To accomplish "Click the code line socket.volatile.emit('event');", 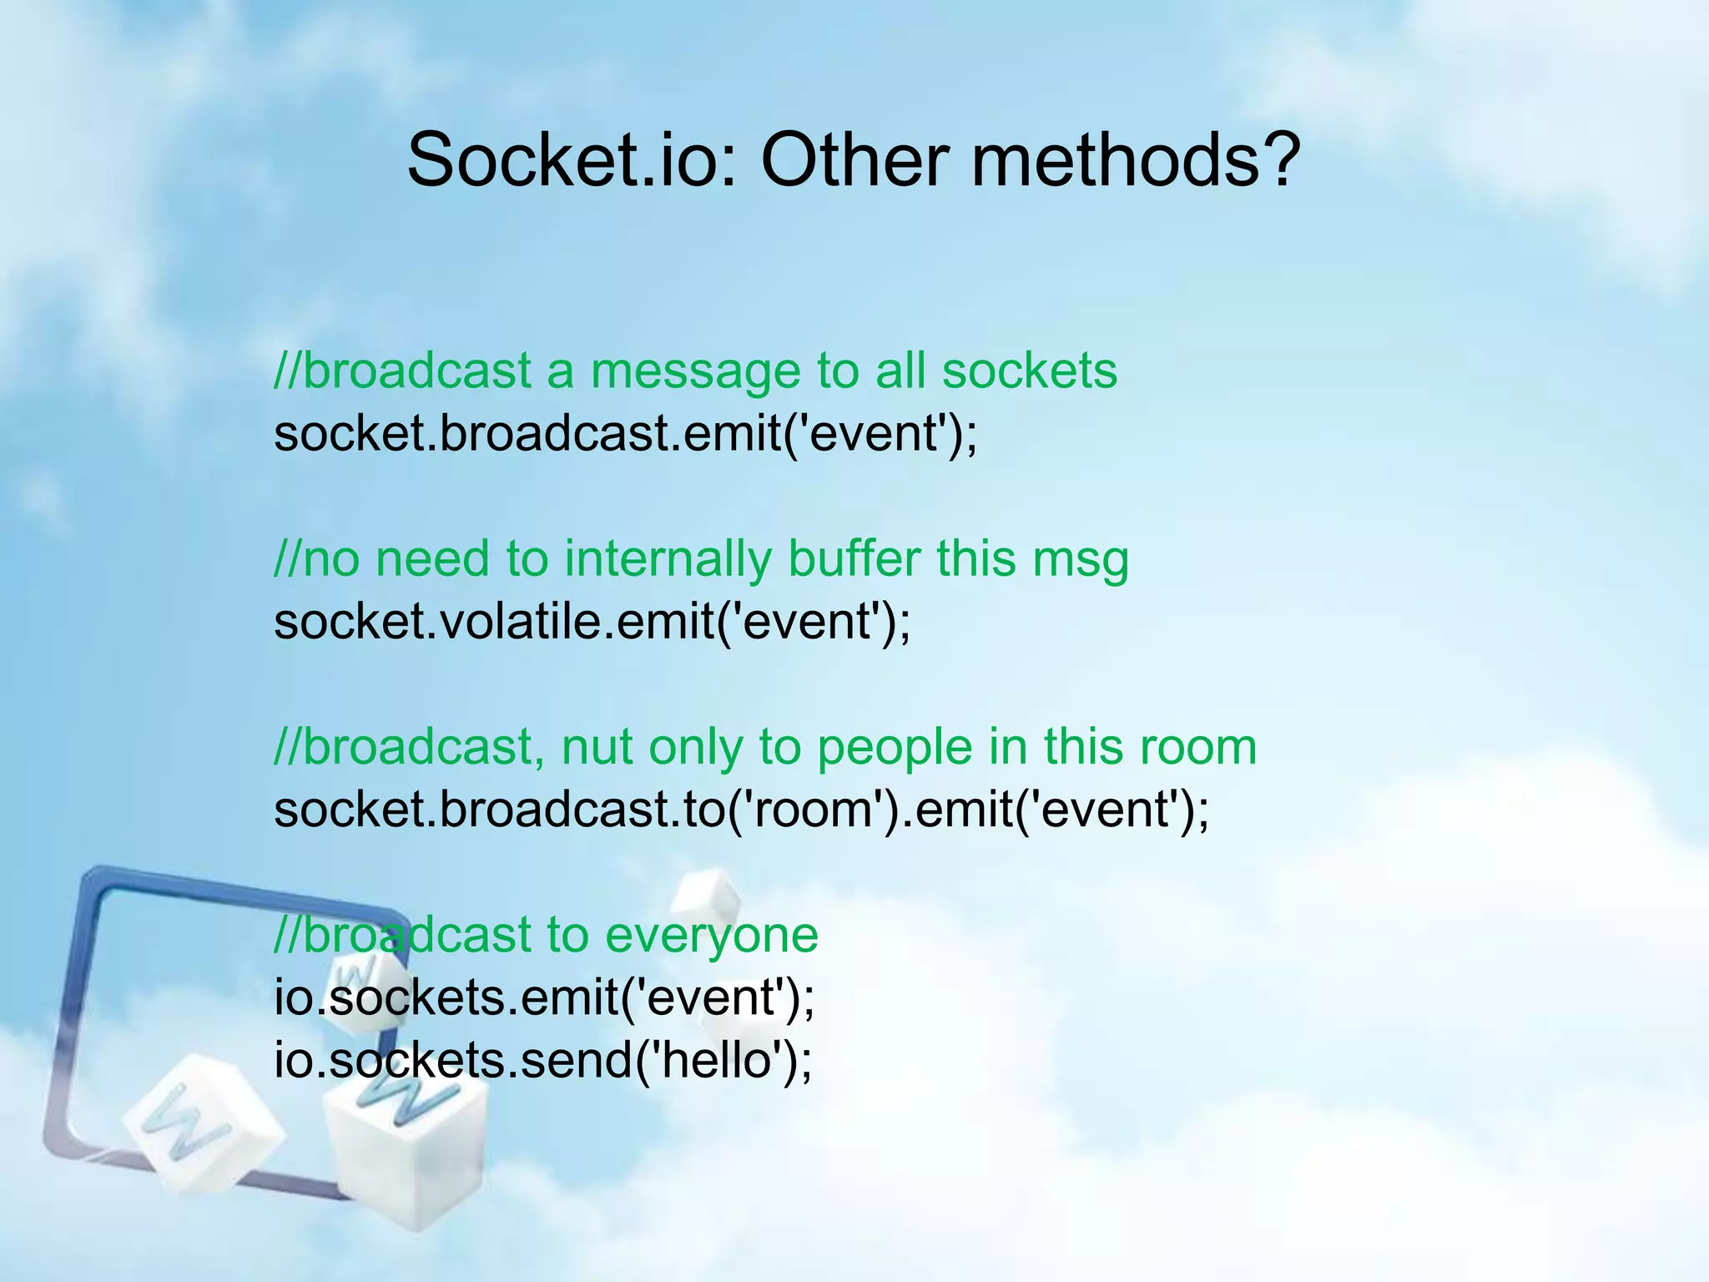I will (x=592, y=622).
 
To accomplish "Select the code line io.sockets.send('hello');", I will (x=542, y=1060).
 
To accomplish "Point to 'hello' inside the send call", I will (x=724, y=1060).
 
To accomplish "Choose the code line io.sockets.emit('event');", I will (x=544, y=997).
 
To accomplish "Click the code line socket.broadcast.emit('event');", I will (x=625, y=434).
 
